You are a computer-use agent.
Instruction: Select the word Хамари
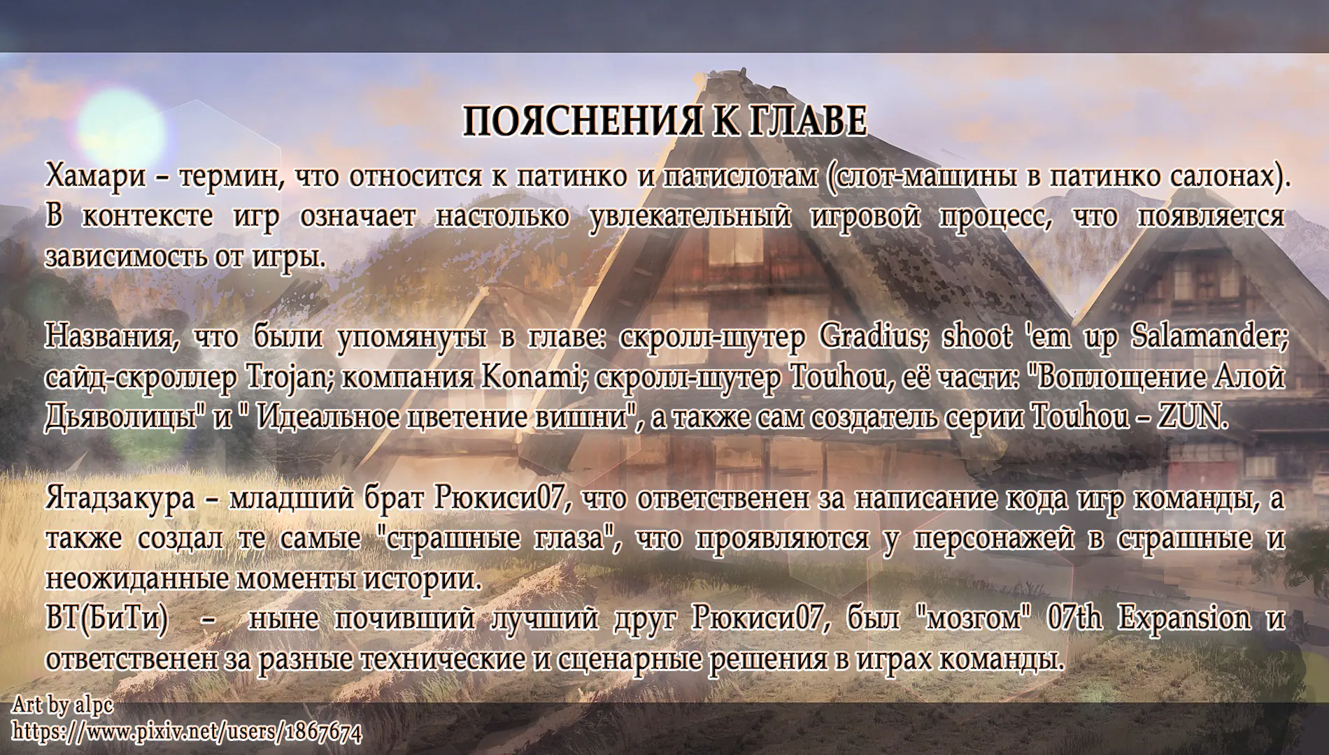pyautogui.click(x=95, y=177)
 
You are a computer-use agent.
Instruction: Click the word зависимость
pyautogui.click(x=122, y=257)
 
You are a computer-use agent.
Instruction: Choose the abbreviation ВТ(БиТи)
pyautogui.click(x=106, y=619)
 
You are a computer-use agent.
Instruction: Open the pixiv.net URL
pyautogui.click(x=187, y=732)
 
